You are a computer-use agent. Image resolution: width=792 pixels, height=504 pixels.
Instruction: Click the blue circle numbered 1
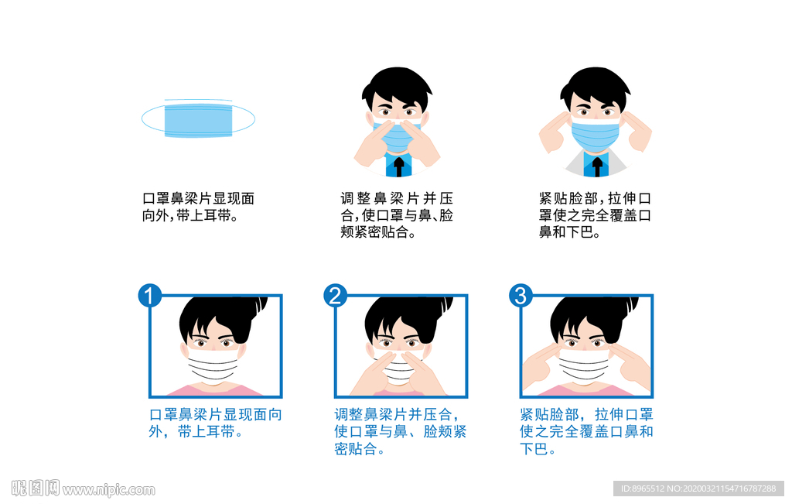pos(150,296)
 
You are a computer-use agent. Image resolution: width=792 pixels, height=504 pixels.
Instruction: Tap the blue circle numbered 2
pos(336,296)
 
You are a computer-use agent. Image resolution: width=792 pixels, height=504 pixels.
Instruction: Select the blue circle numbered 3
pos(521,296)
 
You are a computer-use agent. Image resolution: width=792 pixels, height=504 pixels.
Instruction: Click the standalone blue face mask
pos(198,118)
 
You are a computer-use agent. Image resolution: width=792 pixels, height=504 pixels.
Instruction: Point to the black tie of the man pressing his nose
pos(399,166)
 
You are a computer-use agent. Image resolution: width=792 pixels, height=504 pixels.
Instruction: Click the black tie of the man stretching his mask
pos(597,166)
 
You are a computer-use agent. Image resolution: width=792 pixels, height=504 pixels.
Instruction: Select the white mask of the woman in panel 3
pos(584,365)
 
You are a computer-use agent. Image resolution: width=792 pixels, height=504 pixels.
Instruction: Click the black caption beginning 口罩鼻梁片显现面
pos(198,207)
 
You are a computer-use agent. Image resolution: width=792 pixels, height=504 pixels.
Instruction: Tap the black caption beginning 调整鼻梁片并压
pos(397,215)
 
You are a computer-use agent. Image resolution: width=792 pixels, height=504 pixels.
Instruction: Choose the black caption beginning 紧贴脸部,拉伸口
pos(595,215)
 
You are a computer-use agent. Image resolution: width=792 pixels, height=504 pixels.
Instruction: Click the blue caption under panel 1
pos(216,423)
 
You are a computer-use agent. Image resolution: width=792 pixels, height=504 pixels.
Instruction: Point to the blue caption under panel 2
pos(401,431)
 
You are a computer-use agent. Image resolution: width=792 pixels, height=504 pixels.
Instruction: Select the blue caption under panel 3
pos(586,431)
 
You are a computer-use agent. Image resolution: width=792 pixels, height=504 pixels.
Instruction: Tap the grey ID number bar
pos(698,489)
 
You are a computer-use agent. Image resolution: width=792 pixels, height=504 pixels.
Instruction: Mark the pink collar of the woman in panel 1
pos(214,389)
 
